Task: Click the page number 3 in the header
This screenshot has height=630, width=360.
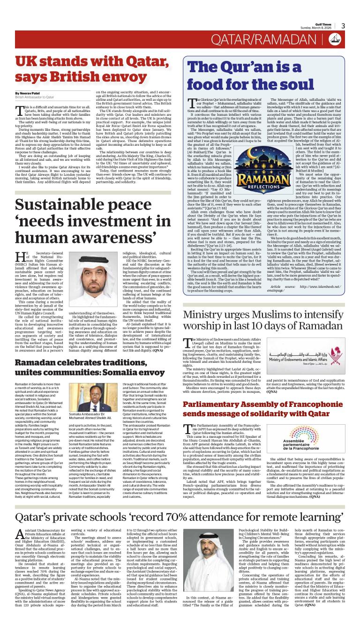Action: (343, 26)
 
